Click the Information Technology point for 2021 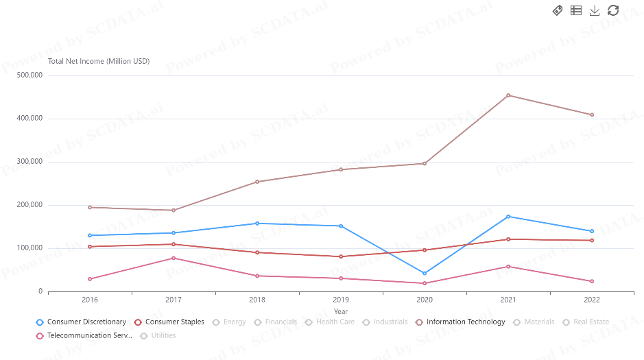[508, 95]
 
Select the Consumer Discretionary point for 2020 [425, 274]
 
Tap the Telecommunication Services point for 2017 [174, 258]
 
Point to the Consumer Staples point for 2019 [341, 256]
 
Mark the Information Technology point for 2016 [90, 207]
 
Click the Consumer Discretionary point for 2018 [257, 224]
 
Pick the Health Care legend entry [330, 322]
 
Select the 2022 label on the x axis [592, 300]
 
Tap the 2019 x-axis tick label [341, 300]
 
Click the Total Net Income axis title [99, 62]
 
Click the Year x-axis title [341, 312]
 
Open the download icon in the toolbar [595, 10]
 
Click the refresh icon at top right [613, 10]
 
